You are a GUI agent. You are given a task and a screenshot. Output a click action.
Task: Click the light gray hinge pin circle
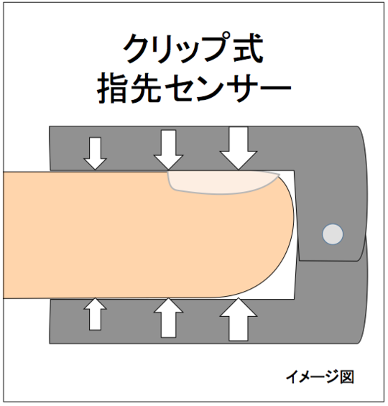click(333, 234)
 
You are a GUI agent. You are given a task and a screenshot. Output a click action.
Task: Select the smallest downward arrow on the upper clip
click(95, 154)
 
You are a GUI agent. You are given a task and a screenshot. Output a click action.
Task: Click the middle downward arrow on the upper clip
click(169, 150)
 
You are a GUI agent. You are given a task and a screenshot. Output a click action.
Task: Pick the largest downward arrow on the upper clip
click(239, 148)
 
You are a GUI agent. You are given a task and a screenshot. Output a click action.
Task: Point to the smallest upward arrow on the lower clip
click(95, 314)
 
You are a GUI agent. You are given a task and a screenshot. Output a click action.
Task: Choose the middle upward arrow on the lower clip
click(169, 318)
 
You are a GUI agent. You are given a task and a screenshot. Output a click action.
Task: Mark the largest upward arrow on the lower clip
click(239, 319)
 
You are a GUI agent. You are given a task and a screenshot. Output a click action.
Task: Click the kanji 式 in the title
click(248, 48)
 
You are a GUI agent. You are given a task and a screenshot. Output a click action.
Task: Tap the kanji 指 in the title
click(113, 88)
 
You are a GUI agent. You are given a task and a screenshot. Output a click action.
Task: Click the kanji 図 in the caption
click(347, 377)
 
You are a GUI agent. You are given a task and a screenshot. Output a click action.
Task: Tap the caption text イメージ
click(313, 377)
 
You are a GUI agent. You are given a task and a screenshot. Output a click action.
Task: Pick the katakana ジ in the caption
click(331, 377)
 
